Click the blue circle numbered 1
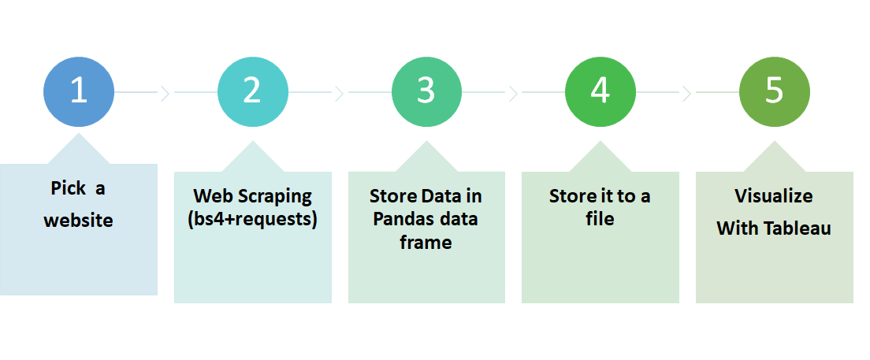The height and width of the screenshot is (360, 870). pyautogui.click(x=78, y=92)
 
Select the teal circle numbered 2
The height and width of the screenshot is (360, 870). pyautogui.click(x=252, y=92)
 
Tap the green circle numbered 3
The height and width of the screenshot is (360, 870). pyautogui.click(x=426, y=92)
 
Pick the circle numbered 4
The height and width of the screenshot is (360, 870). pyautogui.click(x=600, y=92)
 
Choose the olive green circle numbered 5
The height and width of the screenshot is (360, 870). pyautogui.click(x=775, y=92)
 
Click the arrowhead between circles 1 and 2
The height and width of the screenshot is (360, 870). pyautogui.click(x=165, y=94)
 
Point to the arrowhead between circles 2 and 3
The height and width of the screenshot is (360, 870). pyautogui.click(x=339, y=94)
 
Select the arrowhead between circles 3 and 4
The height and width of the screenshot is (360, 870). pyautogui.click(x=513, y=94)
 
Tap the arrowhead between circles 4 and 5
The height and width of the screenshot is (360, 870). pyautogui.click(x=686, y=94)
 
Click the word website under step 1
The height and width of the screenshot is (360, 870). pyautogui.click(x=78, y=221)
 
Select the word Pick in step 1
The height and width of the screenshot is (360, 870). pyautogui.click(x=67, y=188)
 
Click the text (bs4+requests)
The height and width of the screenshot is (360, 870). pyautogui.click(x=252, y=219)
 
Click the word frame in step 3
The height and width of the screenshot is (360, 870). pyautogui.click(x=426, y=243)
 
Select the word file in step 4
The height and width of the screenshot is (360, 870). pyautogui.click(x=600, y=219)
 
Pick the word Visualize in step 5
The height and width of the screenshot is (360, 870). pyautogui.click(x=774, y=195)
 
